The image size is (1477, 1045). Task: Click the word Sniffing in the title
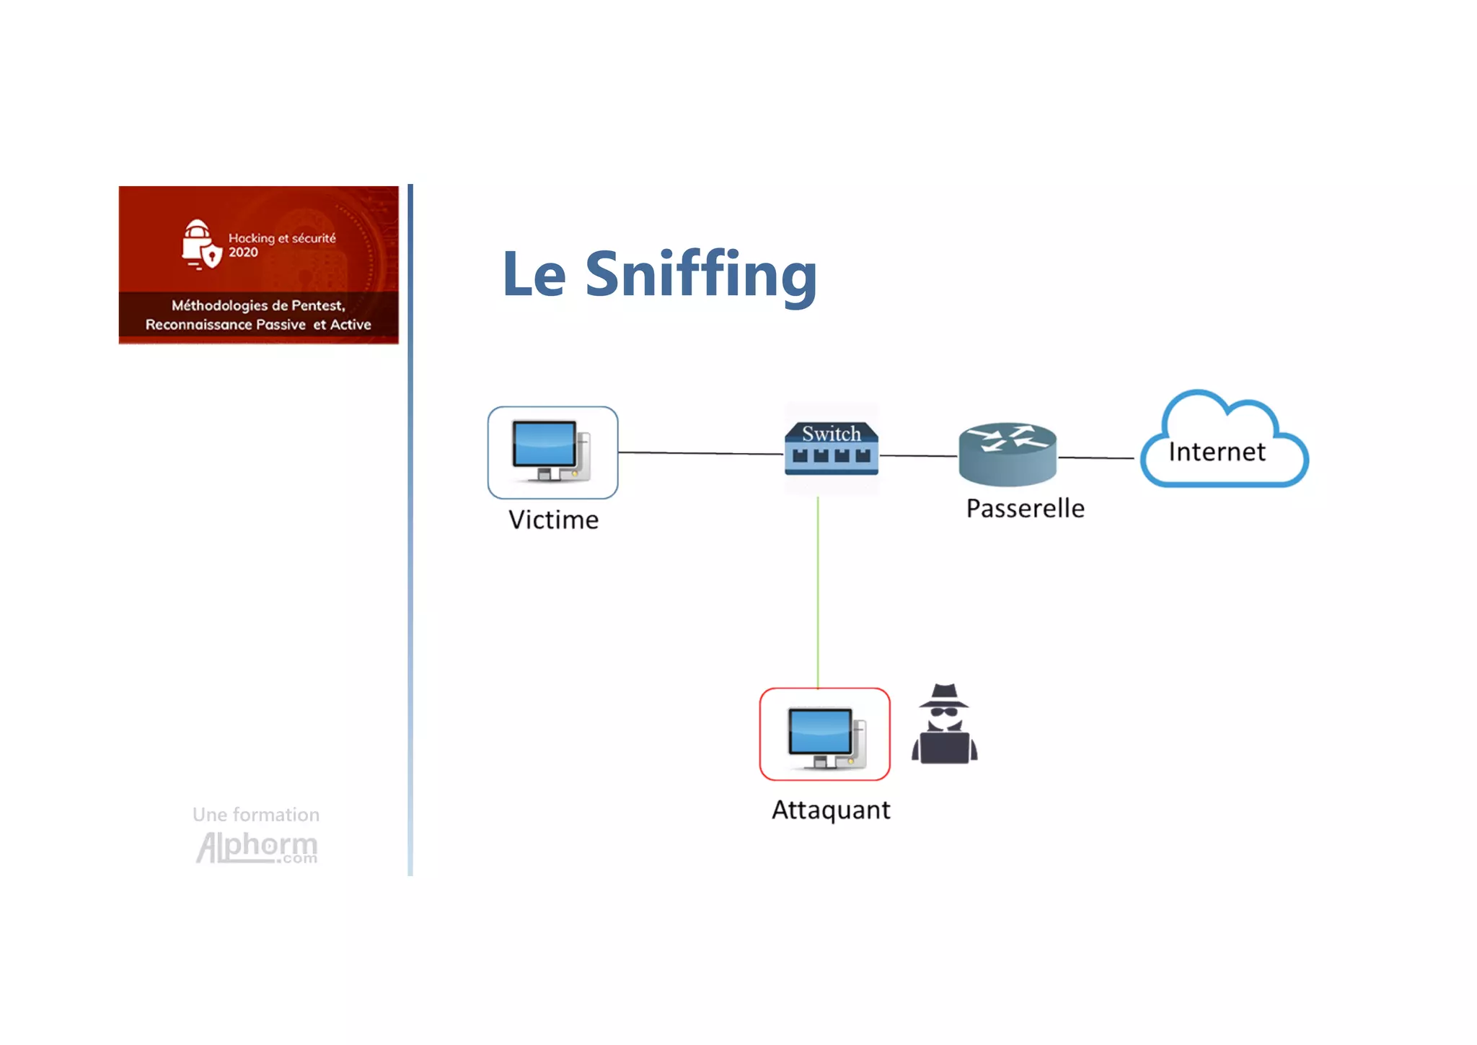700,274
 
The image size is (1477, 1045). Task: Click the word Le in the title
534,274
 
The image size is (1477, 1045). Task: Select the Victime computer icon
552,452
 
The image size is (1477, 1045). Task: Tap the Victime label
553,520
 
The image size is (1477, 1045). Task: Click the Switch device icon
832,448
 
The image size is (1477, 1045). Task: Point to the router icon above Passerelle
1008,453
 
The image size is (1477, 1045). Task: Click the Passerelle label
1025,508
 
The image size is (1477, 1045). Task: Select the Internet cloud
1223,442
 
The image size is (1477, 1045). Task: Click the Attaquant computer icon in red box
824,734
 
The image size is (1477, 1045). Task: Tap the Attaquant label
831,810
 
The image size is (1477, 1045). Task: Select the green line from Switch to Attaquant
818,592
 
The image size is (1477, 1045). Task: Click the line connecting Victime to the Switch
700,453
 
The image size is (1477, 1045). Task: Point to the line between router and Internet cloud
1095,458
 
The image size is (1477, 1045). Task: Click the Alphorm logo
257,847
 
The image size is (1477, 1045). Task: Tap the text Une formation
256,815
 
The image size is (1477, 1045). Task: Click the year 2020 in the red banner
243,252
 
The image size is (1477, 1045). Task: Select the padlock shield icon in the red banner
199,244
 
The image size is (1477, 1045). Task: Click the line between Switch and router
918,455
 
